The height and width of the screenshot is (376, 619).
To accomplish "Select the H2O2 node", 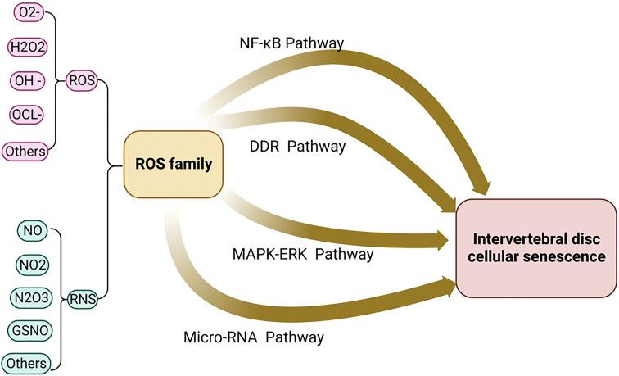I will point(24,48).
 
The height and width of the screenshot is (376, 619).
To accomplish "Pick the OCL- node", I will point(24,116).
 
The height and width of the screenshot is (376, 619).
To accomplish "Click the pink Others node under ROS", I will point(24,151).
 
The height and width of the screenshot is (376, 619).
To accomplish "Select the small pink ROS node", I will point(82,82).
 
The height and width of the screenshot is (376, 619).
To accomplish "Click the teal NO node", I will point(34,230).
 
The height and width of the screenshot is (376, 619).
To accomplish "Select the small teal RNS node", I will point(82,299).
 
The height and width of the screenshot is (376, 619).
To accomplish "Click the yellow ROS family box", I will point(174,165).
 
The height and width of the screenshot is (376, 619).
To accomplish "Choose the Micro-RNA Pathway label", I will point(253,337).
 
